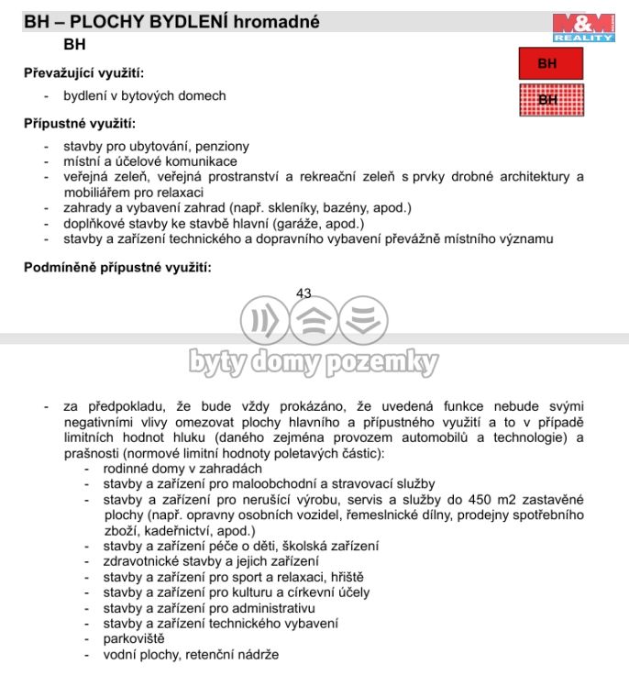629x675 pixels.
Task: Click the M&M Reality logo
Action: click(583, 28)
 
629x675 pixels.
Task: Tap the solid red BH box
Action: click(547, 64)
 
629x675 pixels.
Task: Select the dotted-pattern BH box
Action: click(547, 99)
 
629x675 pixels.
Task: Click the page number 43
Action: click(303, 293)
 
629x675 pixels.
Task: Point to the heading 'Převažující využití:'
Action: click(83, 72)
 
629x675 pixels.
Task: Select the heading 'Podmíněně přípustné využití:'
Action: click(117, 268)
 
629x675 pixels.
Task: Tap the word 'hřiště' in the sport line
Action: click(344, 577)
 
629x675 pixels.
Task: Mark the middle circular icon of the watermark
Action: click(314, 321)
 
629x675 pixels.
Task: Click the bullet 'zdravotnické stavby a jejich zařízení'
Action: click(211, 561)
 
